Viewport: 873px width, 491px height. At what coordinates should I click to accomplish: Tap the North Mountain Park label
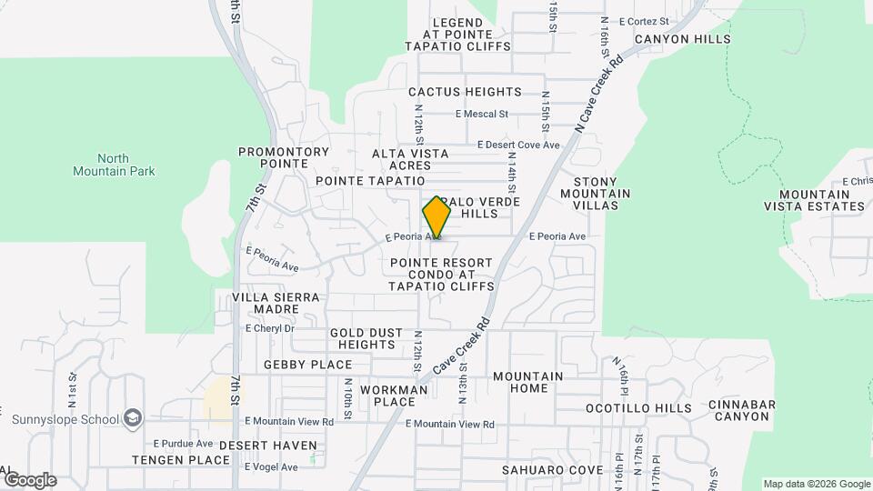(114, 164)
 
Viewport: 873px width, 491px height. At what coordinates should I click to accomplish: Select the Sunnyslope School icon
(135, 418)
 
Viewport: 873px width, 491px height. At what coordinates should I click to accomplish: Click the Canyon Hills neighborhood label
(682, 39)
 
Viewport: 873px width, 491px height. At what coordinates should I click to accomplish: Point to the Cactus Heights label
(465, 92)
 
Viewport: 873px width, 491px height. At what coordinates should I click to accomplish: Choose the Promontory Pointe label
(283, 157)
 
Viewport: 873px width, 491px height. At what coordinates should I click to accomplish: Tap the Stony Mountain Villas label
(596, 193)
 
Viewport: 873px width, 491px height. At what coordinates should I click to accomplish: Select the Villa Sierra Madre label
(276, 303)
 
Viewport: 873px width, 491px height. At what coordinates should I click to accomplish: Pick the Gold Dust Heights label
(366, 339)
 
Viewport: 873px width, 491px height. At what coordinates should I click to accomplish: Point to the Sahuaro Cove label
(553, 469)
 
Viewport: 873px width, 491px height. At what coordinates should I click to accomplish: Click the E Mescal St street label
(480, 115)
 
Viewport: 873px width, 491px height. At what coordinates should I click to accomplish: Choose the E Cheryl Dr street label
(270, 328)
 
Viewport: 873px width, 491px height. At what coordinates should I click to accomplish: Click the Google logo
(29, 479)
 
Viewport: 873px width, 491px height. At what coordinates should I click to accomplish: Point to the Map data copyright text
(815, 484)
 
